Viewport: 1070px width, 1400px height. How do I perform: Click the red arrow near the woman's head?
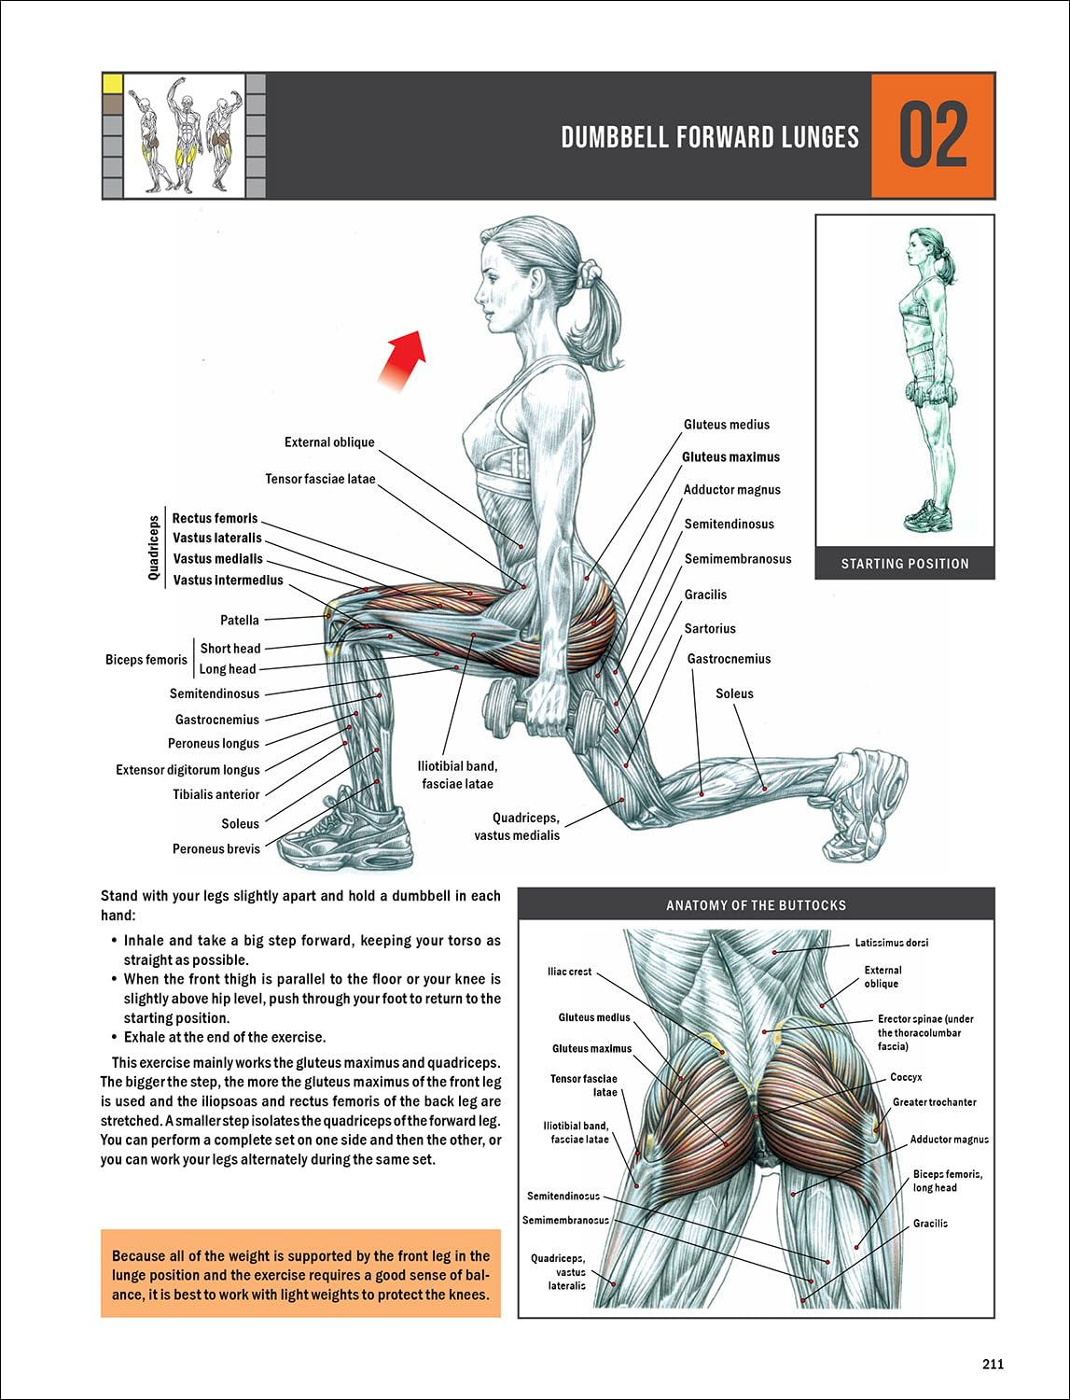click(403, 359)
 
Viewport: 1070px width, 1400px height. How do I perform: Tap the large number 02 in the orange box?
click(932, 136)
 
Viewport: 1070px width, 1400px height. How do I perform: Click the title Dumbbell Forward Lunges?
click(709, 137)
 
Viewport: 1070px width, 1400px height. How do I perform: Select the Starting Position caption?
click(905, 564)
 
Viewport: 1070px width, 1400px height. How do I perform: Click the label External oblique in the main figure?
click(329, 442)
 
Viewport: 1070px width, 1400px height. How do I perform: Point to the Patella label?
click(240, 620)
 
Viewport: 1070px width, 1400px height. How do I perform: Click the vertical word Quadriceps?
click(154, 549)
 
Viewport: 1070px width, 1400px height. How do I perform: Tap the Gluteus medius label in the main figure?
click(727, 425)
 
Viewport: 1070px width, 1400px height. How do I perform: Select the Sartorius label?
click(710, 628)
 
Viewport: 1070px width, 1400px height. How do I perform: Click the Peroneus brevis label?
click(216, 848)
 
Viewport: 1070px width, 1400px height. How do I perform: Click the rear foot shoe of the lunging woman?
click(868, 803)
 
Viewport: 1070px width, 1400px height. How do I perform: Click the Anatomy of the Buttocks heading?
click(756, 905)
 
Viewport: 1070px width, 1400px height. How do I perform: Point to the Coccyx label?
click(906, 1077)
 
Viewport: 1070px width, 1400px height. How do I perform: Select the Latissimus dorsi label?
click(891, 943)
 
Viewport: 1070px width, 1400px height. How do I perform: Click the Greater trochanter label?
click(934, 1102)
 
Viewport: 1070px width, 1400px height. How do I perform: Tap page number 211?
click(993, 1364)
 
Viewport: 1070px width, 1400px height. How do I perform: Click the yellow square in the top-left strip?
click(112, 83)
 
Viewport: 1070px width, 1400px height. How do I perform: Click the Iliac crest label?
click(569, 972)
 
